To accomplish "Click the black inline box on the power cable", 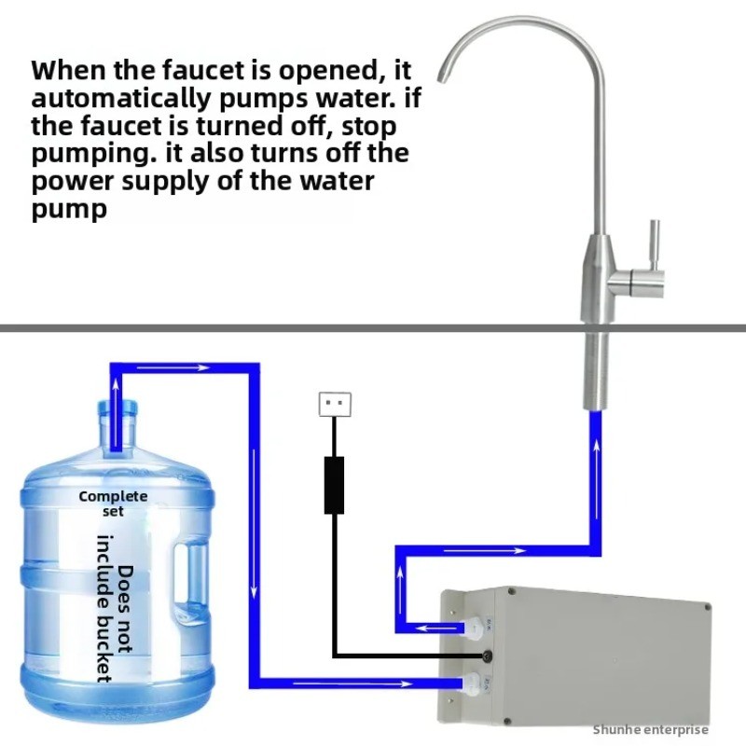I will [335, 485].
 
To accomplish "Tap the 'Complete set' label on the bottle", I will [113, 503].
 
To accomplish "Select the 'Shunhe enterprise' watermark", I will [651, 729].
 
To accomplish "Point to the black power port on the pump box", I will [483, 655].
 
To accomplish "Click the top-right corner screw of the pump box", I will [708, 607].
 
